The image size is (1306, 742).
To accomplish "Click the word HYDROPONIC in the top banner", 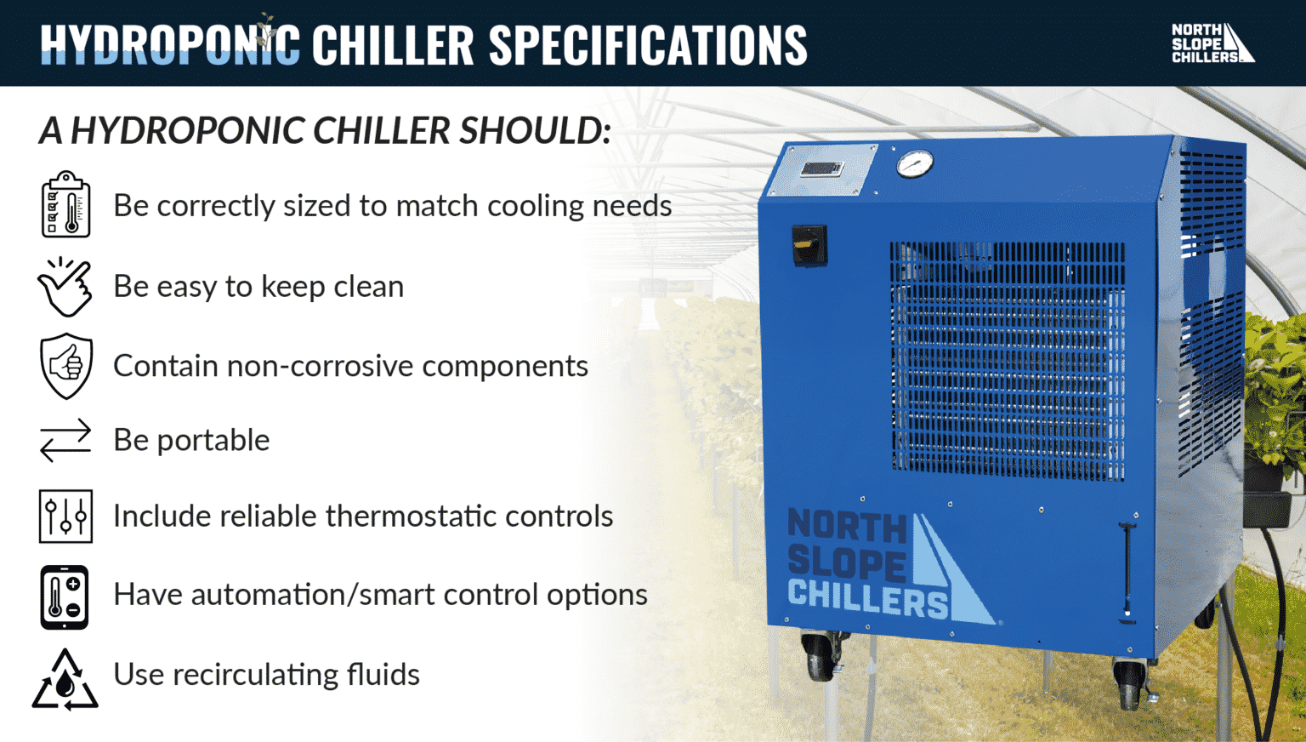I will click(170, 45).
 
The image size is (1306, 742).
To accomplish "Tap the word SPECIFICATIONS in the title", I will click(647, 45).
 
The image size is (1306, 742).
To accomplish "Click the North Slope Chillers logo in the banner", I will click(1212, 43).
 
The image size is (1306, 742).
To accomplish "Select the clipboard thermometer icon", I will click(65, 205).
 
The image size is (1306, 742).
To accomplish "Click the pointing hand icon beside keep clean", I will click(65, 287).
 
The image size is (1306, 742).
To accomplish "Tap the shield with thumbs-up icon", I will click(65, 366).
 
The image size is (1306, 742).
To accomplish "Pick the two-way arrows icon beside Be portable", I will click(65, 440).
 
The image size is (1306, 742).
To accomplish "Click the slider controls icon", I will click(65, 516).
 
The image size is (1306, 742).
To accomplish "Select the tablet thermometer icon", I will click(65, 596).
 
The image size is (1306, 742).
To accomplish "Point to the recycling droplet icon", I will click(65, 681).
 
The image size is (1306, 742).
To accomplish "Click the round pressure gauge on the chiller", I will click(915, 164).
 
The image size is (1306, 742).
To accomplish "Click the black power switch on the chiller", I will click(809, 244).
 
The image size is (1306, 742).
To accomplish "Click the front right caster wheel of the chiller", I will click(1130, 683).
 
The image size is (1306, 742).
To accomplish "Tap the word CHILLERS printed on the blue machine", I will click(867, 599).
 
